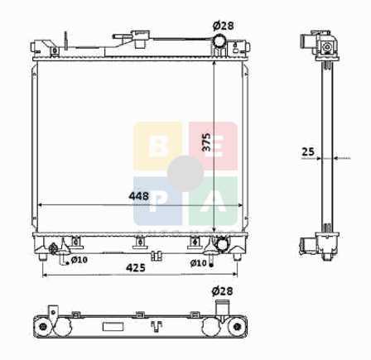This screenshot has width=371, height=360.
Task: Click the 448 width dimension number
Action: pos(138,196)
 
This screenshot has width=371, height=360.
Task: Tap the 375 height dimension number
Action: pos(206,142)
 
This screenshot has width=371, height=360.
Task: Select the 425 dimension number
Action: pos(136,267)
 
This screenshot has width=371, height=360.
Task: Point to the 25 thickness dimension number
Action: pos(308,151)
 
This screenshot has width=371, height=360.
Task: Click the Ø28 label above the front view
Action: pos(223,26)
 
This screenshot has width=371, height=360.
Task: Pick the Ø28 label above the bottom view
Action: pos(222,291)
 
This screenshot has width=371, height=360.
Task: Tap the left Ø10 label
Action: pos(79,260)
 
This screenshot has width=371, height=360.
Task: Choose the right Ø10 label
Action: pos(198,263)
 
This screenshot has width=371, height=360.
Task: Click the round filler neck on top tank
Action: pos(219,41)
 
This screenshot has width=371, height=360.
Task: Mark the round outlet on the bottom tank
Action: pos(223,244)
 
